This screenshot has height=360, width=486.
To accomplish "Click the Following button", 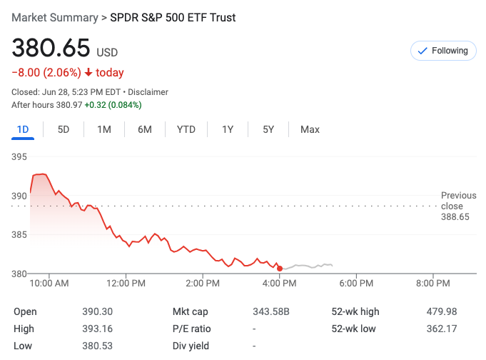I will (442, 51).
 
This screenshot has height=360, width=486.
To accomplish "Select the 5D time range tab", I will (64, 129).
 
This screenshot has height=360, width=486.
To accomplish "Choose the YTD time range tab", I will (186, 129).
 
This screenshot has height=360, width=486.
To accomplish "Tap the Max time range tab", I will (310, 129).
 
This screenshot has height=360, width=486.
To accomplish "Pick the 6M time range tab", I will (145, 129).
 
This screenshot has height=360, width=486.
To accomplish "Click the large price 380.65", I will (51, 49).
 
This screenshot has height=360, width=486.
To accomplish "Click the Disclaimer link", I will (149, 92).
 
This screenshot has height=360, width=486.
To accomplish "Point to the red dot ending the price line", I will (280, 269).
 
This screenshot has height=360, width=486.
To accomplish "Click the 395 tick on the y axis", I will (19, 157).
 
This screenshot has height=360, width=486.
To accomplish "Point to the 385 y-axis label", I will (19, 234).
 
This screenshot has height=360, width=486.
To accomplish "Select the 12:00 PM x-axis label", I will (126, 284).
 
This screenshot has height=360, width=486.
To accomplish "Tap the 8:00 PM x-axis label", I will (432, 284).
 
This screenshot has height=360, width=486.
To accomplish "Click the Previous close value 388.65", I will (455, 216).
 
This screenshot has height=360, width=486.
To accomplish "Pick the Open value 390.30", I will (98, 311).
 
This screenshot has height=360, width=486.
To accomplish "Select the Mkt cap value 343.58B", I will (271, 311).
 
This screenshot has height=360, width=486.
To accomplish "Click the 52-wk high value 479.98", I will (442, 311).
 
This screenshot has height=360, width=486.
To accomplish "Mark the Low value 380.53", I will (98, 346).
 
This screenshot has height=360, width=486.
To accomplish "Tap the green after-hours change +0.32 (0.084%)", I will (113, 105).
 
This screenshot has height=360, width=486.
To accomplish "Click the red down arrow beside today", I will (88, 72).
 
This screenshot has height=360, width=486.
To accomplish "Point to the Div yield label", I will (191, 346).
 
